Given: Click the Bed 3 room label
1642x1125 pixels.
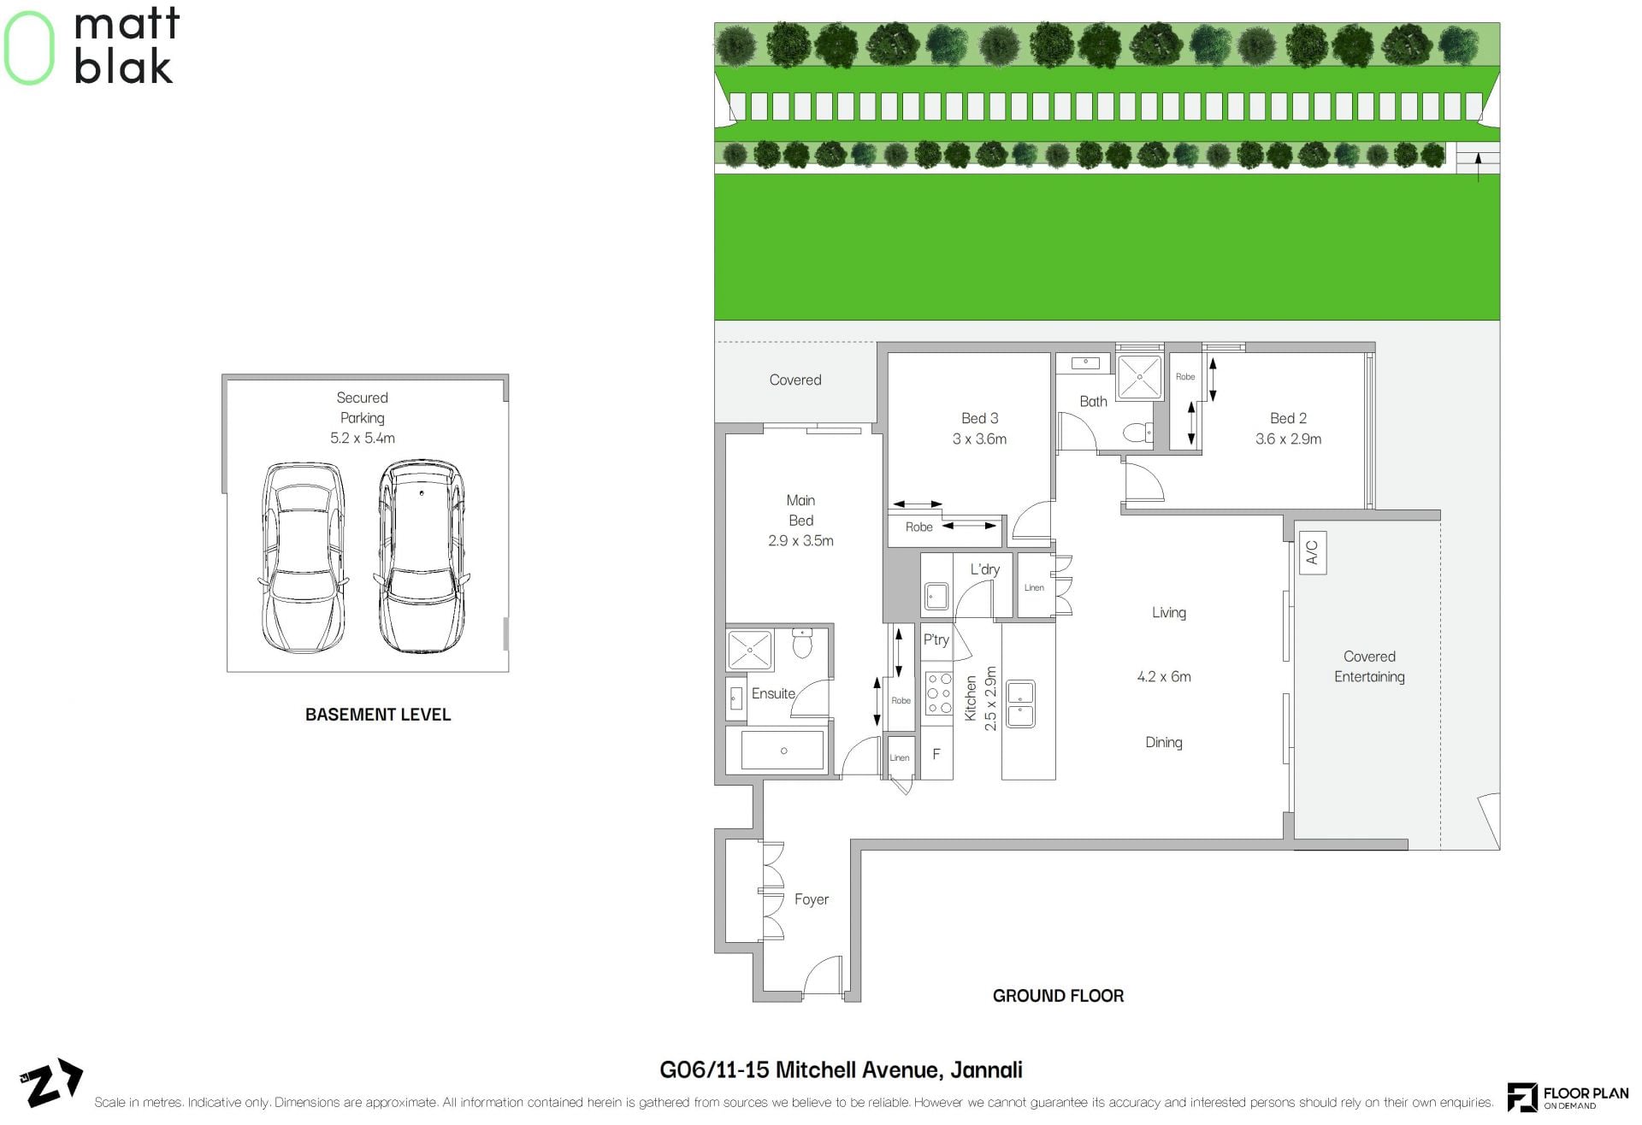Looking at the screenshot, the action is click(x=979, y=418).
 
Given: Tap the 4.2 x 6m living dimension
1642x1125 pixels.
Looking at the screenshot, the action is click(x=1163, y=676).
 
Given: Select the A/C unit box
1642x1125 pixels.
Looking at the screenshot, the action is click(x=1312, y=553).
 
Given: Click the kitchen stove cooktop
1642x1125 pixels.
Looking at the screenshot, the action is click(x=939, y=692).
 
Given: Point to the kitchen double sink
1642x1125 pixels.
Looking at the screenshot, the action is click(x=1020, y=704).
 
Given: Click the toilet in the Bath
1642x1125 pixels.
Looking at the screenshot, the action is click(x=1137, y=433).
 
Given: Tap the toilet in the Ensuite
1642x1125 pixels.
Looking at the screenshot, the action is click(x=801, y=643).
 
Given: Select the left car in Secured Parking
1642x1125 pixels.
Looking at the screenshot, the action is click(x=304, y=557).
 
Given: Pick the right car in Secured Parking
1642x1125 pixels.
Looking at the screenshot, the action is click(x=421, y=557).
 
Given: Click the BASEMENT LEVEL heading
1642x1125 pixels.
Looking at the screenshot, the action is click(x=378, y=715).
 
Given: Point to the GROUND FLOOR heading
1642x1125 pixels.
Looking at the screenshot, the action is click(x=1058, y=996).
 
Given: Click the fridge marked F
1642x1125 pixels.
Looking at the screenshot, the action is click(x=936, y=754).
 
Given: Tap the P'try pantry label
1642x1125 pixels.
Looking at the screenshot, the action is click(x=936, y=639).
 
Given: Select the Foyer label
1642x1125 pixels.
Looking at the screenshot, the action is click(x=811, y=899).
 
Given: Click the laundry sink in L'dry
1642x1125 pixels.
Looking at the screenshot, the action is click(x=936, y=596).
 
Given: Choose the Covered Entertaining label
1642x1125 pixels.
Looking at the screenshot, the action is click(x=1369, y=667).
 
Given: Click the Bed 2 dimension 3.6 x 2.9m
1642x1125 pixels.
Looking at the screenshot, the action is click(x=1288, y=439).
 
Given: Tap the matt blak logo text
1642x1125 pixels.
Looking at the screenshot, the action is click(x=127, y=46).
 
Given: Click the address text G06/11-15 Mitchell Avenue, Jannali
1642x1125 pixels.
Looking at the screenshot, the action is click(x=841, y=1070).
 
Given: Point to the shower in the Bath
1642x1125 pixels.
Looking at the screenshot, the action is click(x=1139, y=376).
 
